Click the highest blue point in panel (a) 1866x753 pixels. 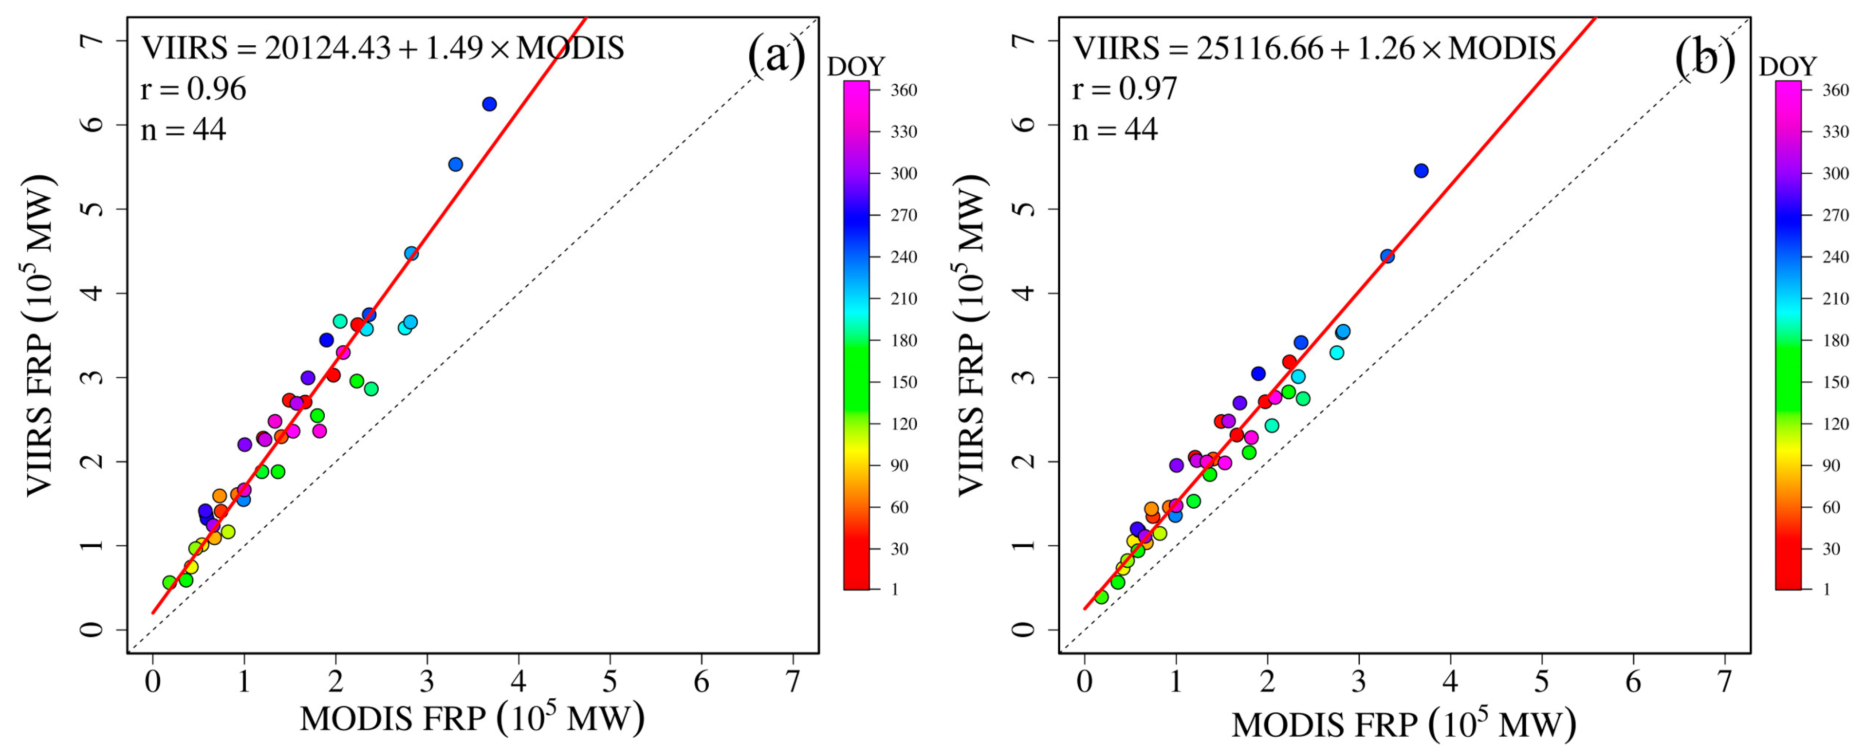(x=489, y=104)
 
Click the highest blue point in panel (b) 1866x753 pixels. (x=1421, y=171)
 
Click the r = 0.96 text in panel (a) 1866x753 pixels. (x=193, y=89)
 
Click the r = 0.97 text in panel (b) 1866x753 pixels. (x=1124, y=89)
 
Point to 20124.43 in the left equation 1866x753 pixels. (x=327, y=49)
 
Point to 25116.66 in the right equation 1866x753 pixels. (x=1259, y=49)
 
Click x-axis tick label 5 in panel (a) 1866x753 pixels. (x=610, y=682)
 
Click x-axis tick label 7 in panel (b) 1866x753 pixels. (x=1725, y=682)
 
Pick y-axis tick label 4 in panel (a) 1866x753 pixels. (x=93, y=293)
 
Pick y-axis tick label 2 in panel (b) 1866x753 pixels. (x=1025, y=462)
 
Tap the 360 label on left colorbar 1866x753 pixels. (x=903, y=90)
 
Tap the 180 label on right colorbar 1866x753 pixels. (x=1835, y=340)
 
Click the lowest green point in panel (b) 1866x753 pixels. (x=1101, y=596)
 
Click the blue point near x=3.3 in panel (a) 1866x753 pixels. (x=455, y=164)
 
